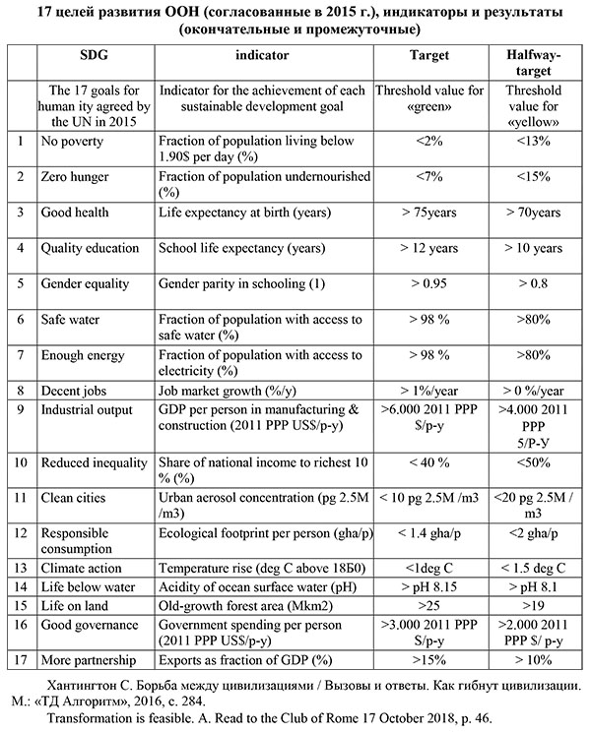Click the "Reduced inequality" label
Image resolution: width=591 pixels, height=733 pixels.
95,461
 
